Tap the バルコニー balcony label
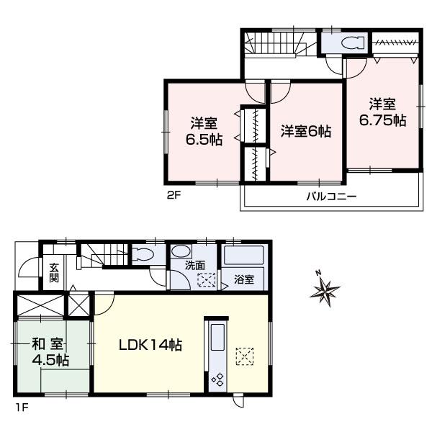pyautogui.click(x=331, y=195)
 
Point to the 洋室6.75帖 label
pyautogui.click(x=382, y=112)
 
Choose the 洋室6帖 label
pyautogui.click(x=305, y=132)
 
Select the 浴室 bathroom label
pyautogui.click(x=243, y=279)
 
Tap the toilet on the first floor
pyautogui.click(x=143, y=255)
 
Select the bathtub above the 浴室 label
pyautogui.click(x=243, y=256)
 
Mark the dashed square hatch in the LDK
pyautogui.click(x=245, y=356)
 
